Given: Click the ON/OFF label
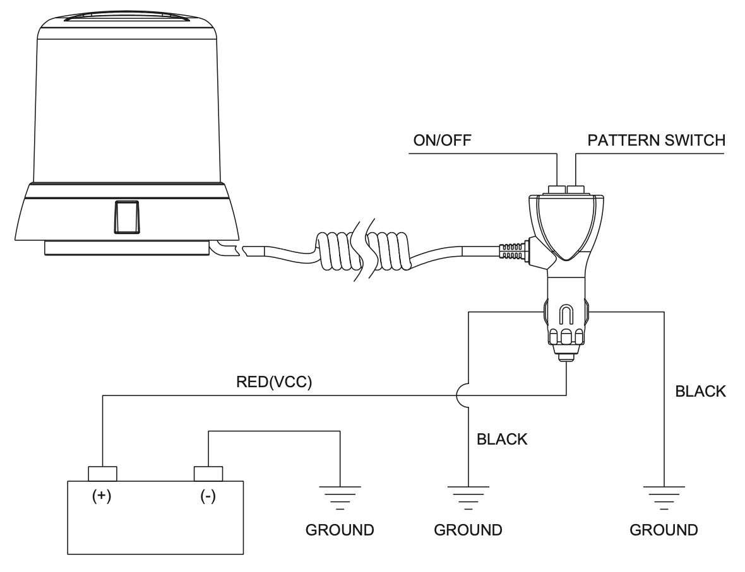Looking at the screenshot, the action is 442,141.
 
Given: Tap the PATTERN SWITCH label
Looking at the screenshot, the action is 656,141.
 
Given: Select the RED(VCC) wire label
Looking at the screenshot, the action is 274,382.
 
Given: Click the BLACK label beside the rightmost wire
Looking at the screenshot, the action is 700,391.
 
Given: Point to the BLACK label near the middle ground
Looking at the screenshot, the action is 502,439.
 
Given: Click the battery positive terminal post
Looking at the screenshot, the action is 103,474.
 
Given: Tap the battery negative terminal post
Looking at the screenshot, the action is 208,474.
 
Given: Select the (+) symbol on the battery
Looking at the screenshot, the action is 102,496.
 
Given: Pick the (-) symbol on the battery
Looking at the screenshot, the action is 208,496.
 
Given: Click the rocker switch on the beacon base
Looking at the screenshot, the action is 127,217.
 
